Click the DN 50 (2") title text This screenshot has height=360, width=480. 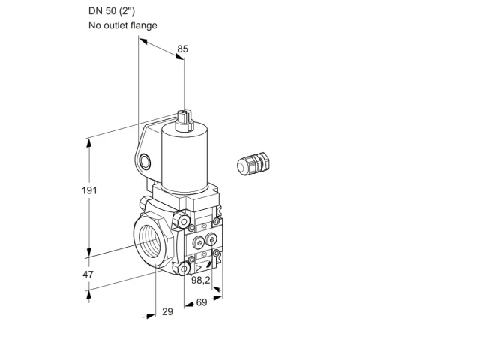pos(112,11)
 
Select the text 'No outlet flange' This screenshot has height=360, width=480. pos(123,25)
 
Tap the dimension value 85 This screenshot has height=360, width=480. pos(183,49)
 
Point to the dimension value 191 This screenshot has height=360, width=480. pos(89,190)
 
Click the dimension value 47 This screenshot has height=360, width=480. pos(88,274)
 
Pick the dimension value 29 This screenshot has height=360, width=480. pos(167,312)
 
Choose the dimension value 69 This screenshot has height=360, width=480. pos(202,302)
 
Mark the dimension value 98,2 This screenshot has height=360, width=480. pos(201,280)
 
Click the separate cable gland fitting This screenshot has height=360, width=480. pos(253,163)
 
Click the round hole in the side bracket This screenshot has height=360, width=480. pos(145,162)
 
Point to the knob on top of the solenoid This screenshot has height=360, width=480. pos(184,120)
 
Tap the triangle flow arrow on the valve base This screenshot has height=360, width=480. pos(199,268)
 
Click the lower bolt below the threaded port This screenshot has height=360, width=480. pos(181,268)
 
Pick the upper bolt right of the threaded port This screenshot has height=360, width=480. pos(181,220)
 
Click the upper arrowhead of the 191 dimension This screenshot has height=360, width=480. pos(89,143)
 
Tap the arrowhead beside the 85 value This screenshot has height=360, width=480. pos(179,56)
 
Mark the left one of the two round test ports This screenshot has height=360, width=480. pos(198,242)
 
